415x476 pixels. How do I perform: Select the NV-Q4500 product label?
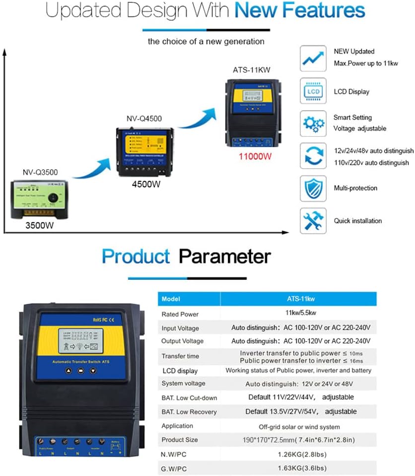pos(144,119)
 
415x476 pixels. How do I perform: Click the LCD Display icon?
pos(313,91)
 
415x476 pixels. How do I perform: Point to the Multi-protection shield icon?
pos(313,188)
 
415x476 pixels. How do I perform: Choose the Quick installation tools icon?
pos(313,221)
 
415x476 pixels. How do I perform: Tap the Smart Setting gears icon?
pos(313,123)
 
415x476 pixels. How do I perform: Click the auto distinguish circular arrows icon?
pos(313,156)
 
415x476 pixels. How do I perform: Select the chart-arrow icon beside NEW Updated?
pos(313,59)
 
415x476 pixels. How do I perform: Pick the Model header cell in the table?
pos(171,299)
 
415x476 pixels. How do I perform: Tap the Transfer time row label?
pos(180,356)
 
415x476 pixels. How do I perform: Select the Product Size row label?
pos(180,440)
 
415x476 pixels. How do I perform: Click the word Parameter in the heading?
pos(225,256)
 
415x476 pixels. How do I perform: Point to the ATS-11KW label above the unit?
pos(251,70)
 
